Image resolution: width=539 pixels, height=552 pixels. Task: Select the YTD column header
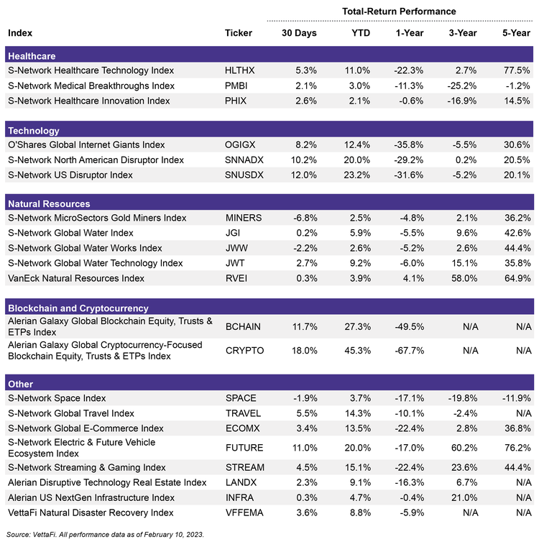click(x=361, y=33)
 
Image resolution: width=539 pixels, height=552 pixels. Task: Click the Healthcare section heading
click(x=31, y=56)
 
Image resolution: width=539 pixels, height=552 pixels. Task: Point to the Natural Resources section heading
click(x=48, y=203)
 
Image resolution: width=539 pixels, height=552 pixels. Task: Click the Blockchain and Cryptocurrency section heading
click(x=78, y=308)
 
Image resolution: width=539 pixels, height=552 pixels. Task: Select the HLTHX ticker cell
click(x=240, y=70)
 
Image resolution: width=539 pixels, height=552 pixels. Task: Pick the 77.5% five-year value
click(x=517, y=70)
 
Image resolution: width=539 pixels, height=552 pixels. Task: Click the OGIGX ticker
click(x=239, y=144)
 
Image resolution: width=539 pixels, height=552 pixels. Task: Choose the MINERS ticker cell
click(x=243, y=218)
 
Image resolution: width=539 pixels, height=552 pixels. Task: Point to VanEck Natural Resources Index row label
click(x=75, y=278)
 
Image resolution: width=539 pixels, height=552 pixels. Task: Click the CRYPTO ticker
click(x=244, y=351)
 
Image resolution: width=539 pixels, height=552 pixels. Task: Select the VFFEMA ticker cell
click(x=244, y=512)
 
